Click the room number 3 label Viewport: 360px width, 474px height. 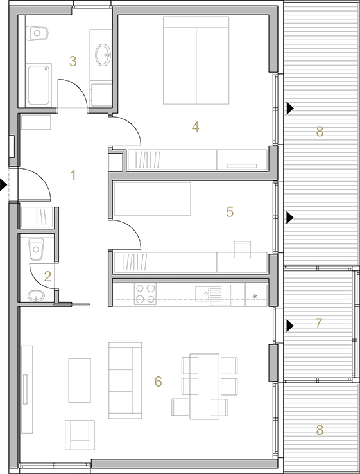coord(73,62)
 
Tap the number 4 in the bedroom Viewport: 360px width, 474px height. coord(196,127)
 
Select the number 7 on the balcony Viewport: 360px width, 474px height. coord(319,324)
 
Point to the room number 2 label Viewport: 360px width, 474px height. coord(47,277)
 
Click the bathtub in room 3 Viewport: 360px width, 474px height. coord(39,85)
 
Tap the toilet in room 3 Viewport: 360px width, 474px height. coord(37,33)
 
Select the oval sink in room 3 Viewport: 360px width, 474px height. coord(103,55)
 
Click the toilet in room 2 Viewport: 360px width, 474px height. coord(36,249)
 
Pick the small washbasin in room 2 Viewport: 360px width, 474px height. coord(36,295)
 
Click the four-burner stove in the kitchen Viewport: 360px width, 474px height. coord(145,294)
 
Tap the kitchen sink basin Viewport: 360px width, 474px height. coord(202,294)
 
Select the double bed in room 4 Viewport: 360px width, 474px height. coord(196,60)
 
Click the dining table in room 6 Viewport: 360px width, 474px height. coord(205,387)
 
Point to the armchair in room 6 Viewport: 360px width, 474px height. coord(80,435)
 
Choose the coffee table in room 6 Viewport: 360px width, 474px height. coord(80,380)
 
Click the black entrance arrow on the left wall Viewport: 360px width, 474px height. coord(3,184)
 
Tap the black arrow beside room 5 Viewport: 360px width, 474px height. coord(290,217)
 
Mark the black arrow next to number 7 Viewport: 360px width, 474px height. coord(290,326)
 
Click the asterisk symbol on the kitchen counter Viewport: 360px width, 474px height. coord(255,296)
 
